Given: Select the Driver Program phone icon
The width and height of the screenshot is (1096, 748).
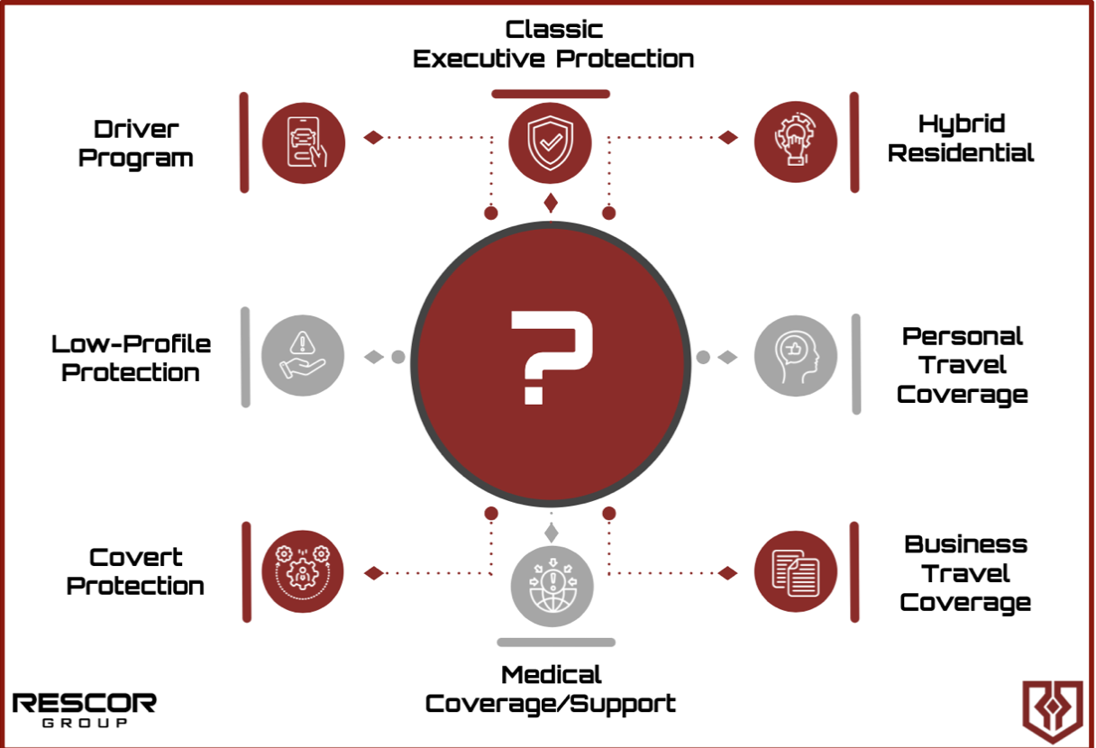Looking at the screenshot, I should [x=304, y=141].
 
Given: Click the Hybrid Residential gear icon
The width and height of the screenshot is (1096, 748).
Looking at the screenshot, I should [x=795, y=141].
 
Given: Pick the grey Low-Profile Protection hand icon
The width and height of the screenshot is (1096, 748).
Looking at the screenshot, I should [x=303, y=356].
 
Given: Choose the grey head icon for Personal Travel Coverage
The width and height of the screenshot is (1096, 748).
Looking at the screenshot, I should [x=795, y=356].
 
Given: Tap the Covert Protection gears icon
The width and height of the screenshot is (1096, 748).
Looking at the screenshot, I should [x=304, y=571].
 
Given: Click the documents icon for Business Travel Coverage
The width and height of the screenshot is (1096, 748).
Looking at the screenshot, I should [x=795, y=571].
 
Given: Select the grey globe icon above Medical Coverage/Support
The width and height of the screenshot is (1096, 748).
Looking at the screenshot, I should [x=552, y=581].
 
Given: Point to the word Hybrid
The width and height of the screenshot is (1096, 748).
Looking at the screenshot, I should [x=961, y=123].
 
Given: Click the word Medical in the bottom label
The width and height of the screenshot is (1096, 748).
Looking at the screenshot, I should [x=551, y=674].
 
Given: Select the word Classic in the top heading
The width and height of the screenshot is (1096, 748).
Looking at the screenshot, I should [x=553, y=29].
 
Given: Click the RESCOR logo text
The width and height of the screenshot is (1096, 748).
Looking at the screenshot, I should [x=84, y=703].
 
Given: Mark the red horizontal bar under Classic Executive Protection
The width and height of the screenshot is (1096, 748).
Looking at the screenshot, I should [x=550, y=94].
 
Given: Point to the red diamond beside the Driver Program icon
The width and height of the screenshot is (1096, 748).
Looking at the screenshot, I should [x=373, y=138].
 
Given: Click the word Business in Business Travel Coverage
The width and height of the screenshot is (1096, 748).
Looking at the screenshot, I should [x=965, y=544].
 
